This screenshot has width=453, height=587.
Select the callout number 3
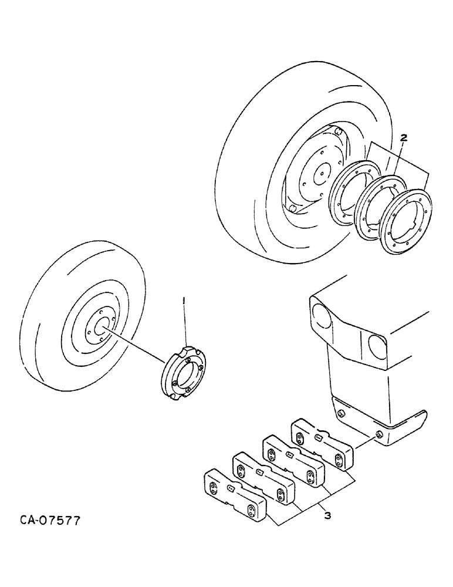tap(327, 515)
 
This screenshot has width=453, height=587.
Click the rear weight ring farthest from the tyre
tap(405, 220)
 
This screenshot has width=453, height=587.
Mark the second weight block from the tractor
tap(292, 460)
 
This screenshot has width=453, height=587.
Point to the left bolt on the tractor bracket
tap(340, 416)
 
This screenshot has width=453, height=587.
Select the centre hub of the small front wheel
tap(100, 325)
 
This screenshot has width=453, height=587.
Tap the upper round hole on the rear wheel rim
tap(337, 131)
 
